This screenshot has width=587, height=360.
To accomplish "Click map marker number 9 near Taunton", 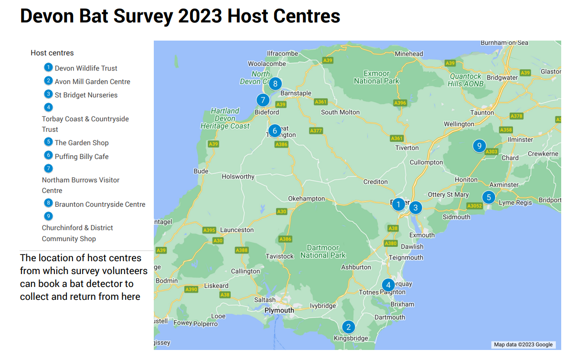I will click(x=479, y=146).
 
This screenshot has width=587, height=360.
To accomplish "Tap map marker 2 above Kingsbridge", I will click(x=349, y=327).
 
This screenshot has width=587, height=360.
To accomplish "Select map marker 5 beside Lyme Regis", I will click(x=489, y=197).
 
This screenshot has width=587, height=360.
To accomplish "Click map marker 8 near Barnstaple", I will click(x=275, y=84).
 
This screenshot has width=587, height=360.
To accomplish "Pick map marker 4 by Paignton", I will click(x=388, y=286).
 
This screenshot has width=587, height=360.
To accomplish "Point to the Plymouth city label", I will click(x=279, y=310).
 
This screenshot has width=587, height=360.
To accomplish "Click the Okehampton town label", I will click(x=306, y=199).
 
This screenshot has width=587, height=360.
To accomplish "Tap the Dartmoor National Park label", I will click(x=323, y=252).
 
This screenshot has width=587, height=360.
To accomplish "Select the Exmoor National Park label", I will click(x=376, y=77).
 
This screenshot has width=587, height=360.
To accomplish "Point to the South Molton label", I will click(x=340, y=112).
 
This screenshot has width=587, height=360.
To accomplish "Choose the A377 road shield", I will click(x=316, y=131).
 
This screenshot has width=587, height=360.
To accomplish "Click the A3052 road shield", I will click(x=474, y=206).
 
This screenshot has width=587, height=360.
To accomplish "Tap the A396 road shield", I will click(x=400, y=103).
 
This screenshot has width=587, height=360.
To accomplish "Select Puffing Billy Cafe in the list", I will click(x=82, y=157).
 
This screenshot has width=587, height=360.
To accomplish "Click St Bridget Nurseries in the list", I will click(x=86, y=95).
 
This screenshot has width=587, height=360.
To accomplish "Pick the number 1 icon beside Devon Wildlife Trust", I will click(x=48, y=67).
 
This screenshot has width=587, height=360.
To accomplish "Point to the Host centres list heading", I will click(x=52, y=53).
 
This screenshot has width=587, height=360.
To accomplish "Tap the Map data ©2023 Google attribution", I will click(x=523, y=345).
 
